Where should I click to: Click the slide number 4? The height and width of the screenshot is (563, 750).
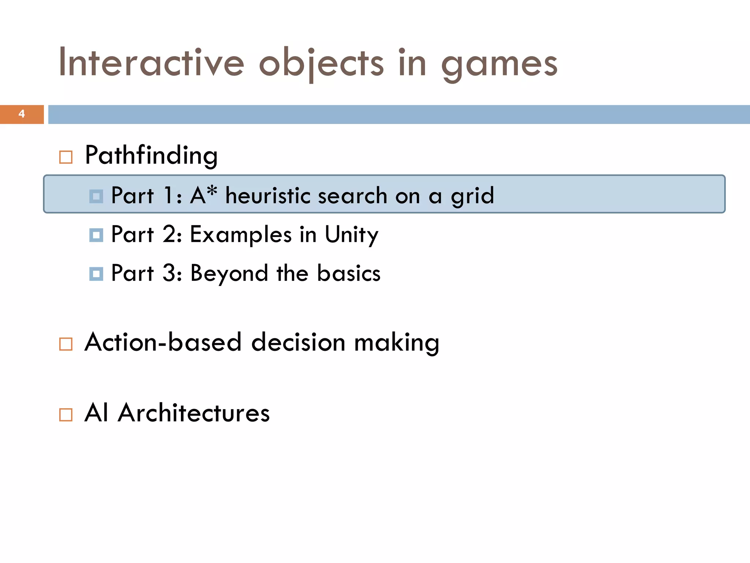point(22,114)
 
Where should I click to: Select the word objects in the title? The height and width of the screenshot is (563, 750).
point(322,64)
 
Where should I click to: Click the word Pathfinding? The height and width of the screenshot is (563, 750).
point(151,155)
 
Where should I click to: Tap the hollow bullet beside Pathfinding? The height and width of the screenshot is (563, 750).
point(66,157)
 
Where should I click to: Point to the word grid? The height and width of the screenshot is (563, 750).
point(472,196)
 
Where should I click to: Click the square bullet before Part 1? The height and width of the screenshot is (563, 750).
point(96,196)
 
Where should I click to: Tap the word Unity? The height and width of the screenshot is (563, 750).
point(351,235)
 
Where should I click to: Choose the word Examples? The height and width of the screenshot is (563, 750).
point(241,235)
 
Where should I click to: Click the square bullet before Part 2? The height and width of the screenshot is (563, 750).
point(96,235)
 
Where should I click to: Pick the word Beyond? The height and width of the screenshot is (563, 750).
point(229,274)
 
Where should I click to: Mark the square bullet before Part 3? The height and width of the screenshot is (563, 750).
point(96,274)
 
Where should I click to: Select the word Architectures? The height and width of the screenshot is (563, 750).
point(194,413)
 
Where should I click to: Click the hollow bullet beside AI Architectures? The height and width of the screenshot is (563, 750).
point(66,415)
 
